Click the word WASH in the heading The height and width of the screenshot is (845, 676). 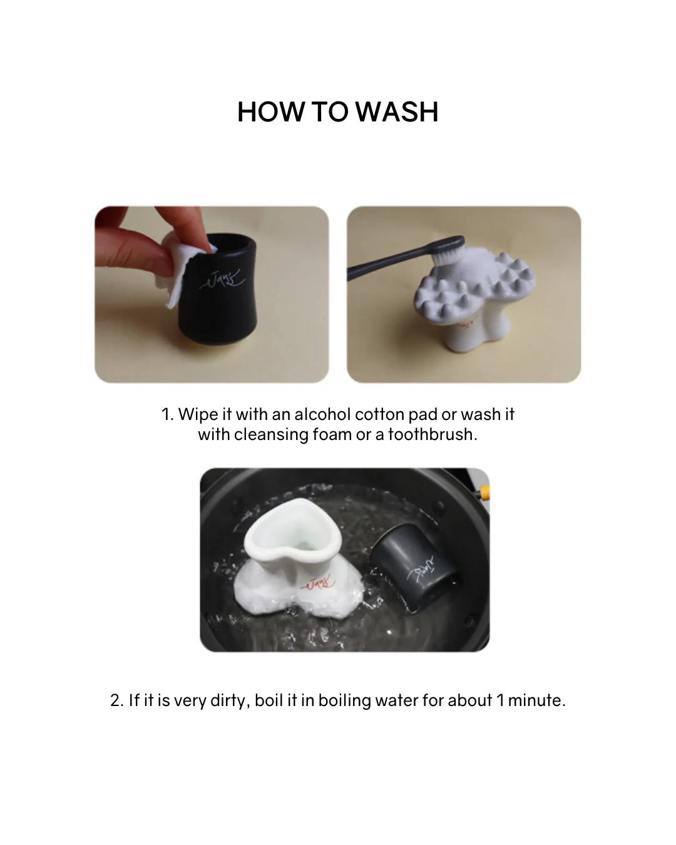pos(397,112)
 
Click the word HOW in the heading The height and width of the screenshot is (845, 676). pos(271,112)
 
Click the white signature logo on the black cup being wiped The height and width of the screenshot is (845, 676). pos(222,280)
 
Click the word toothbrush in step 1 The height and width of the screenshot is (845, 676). pos(433,434)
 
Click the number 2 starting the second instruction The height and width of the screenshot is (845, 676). pos(117,701)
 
